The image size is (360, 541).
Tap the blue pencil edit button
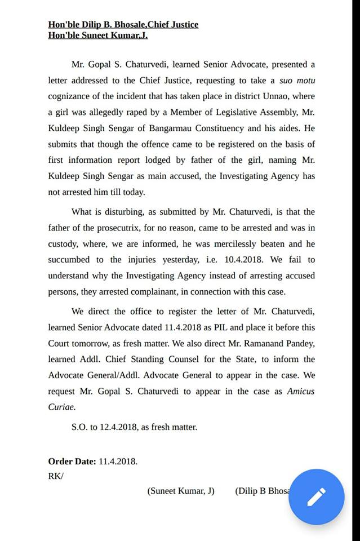coord(316,497)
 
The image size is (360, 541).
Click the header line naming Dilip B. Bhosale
coord(123,25)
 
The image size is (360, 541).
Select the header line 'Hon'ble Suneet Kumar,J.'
coord(98,36)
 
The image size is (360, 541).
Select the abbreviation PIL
coord(219,327)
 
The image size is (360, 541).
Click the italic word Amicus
coord(301,391)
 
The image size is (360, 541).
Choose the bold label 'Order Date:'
coord(72,462)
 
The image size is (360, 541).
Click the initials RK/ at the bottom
coord(56,476)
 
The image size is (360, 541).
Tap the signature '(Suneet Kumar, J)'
coord(181,491)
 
